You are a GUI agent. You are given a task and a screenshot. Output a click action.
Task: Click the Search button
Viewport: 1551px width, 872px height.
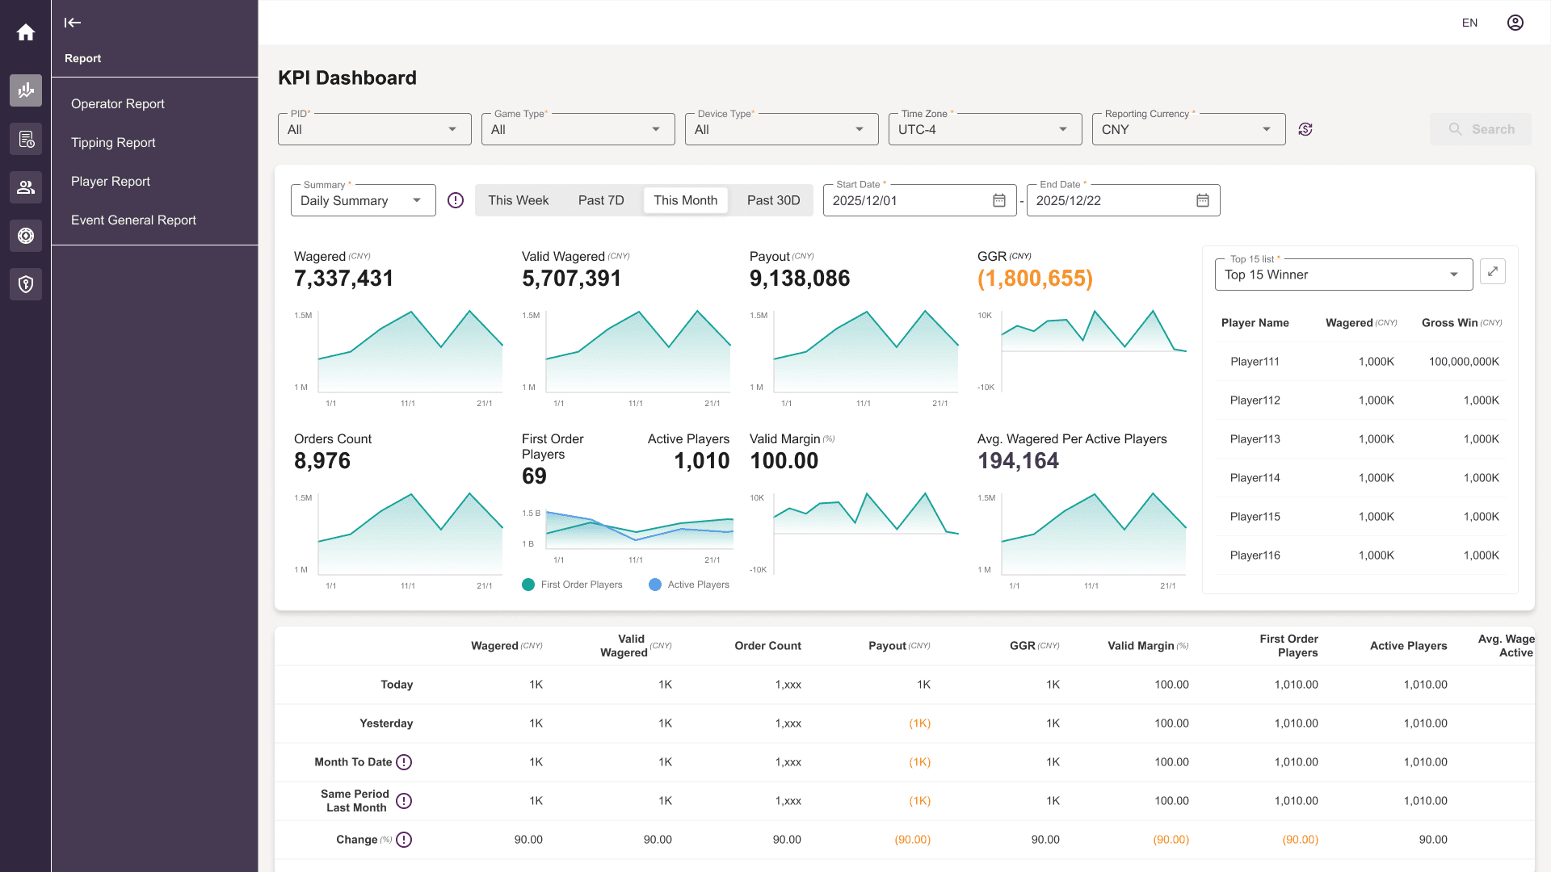1480,129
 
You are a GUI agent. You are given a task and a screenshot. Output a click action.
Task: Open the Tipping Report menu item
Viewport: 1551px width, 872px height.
113,143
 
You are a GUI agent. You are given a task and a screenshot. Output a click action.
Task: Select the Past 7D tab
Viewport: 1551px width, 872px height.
601,200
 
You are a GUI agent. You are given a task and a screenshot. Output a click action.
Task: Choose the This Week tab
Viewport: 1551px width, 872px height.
518,200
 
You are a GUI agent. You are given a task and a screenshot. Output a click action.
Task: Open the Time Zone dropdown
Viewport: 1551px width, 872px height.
985,129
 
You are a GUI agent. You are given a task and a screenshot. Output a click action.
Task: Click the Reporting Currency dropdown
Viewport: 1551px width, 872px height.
1188,129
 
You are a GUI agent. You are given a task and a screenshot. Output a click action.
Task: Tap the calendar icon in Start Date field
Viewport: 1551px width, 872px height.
999,200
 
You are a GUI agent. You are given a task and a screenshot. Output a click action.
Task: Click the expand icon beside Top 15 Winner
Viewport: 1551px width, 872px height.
1493,271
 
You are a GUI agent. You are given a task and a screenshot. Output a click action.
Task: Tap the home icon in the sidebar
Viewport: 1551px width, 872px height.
26,32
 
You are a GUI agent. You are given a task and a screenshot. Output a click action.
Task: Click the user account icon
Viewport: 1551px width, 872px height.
1515,23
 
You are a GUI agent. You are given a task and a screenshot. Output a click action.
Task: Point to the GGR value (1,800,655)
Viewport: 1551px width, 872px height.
1035,279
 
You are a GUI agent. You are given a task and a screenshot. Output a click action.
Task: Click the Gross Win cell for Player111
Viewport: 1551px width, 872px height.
1464,362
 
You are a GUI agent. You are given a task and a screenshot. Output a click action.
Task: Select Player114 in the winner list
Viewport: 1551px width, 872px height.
1255,478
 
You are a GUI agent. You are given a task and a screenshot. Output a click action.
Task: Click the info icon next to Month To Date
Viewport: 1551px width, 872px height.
404,762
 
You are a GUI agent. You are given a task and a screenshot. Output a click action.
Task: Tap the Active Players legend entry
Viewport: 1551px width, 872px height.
689,585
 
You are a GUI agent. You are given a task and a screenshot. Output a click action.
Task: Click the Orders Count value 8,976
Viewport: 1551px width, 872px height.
322,461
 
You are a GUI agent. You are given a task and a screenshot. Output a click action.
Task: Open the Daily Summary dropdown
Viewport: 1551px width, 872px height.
363,200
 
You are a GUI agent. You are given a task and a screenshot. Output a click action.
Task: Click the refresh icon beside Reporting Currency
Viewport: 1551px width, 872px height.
1305,129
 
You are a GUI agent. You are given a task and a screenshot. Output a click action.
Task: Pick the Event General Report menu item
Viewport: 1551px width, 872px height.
133,220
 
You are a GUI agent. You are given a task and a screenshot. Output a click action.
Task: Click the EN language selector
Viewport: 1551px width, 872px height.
1469,23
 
